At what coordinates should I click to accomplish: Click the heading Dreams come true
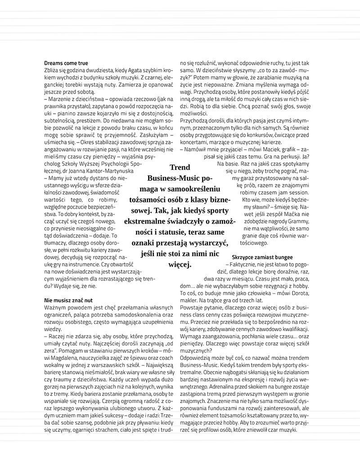click(66, 63)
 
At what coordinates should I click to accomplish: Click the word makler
click(188, 301)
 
